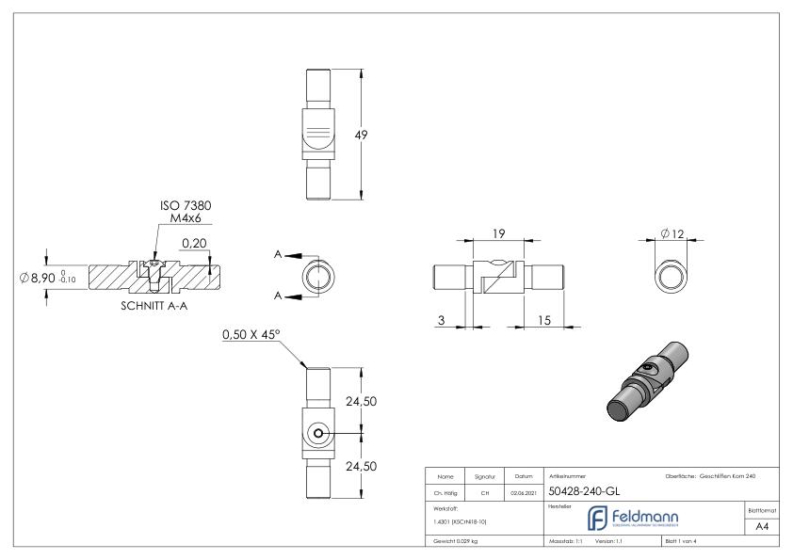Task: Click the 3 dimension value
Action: [442, 321]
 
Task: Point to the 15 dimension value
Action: [543, 321]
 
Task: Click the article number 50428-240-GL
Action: [583, 490]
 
